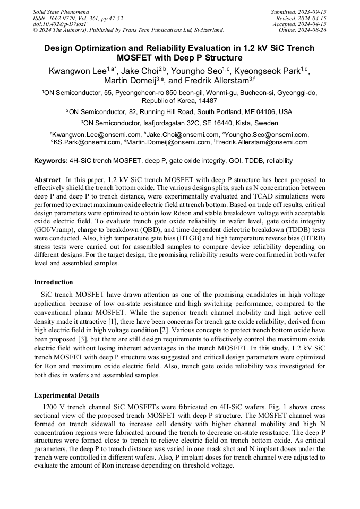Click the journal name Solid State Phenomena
[x=61, y=11]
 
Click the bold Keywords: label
[x=51, y=161]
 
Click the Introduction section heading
[x=54, y=282]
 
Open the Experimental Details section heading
[x=66, y=395]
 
